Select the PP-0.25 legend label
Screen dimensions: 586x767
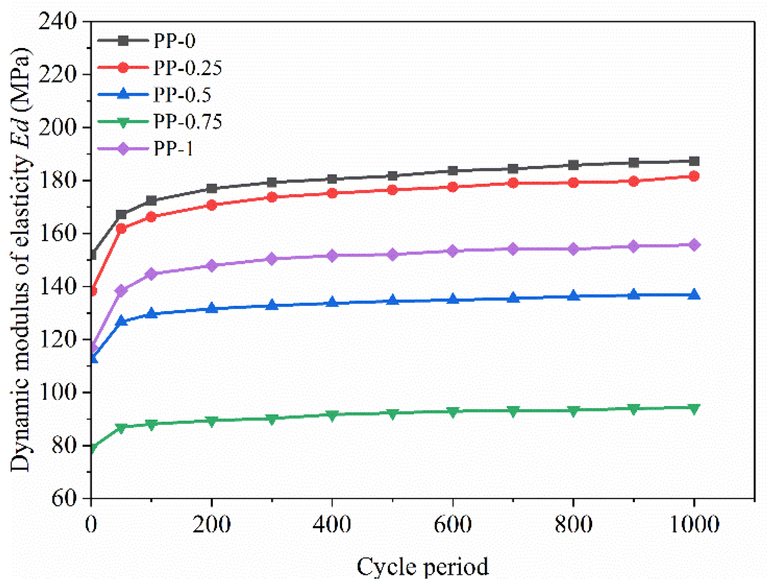click(187, 68)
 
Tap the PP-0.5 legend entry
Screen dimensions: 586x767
click(182, 95)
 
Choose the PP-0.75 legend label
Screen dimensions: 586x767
click(187, 122)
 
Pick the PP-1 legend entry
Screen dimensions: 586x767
click(173, 148)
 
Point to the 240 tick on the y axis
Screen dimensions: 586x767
click(57, 21)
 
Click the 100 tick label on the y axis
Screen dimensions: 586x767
click(57, 392)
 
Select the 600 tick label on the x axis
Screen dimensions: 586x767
click(452, 524)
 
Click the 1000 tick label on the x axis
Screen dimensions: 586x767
click(694, 524)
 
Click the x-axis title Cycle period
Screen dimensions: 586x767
click(422, 566)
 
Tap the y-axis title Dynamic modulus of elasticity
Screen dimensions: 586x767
click(20, 260)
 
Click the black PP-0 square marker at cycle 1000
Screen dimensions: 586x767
click(694, 161)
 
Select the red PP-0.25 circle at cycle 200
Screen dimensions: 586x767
click(212, 205)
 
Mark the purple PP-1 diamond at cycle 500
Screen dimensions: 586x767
click(392, 255)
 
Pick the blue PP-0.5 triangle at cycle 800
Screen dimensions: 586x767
click(573, 296)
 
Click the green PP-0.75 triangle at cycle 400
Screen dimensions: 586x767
click(332, 415)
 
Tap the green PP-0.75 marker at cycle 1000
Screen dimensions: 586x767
click(694, 408)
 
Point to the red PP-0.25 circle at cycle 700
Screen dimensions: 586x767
click(513, 183)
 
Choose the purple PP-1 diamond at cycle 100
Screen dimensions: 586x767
click(151, 274)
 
